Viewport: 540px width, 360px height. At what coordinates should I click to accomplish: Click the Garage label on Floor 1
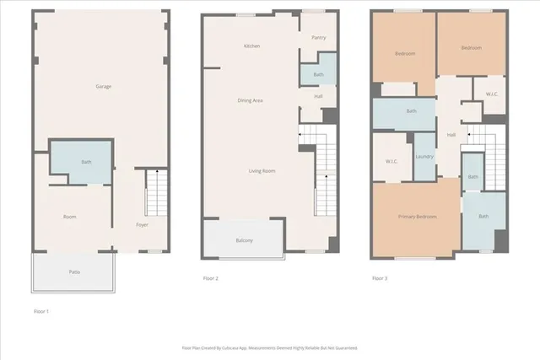pyautogui.click(x=104, y=86)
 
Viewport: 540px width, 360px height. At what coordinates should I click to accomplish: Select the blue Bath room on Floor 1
pyautogui.click(x=86, y=161)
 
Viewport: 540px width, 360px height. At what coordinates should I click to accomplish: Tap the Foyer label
pyautogui.click(x=143, y=225)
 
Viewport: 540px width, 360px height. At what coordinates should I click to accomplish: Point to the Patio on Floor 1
pyautogui.click(x=75, y=271)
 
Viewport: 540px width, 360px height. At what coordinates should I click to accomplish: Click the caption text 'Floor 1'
pyautogui.click(x=41, y=312)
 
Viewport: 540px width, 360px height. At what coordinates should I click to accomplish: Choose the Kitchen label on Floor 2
pyautogui.click(x=251, y=46)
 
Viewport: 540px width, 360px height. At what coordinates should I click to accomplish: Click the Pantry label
pyautogui.click(x=318, y=37)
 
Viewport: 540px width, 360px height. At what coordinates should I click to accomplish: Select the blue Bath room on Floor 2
pyautogui.click(x=318, y=74)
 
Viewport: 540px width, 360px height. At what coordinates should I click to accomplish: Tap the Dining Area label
pyautogui.click(x=251, y=100)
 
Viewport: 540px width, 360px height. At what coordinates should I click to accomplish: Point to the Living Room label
pyautogui.click(x=262, y=171)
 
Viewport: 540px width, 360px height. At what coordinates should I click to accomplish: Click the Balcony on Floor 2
pyautogui.click(x=244, y=241)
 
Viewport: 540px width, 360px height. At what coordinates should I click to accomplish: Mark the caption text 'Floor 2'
pyautogui.click(x=211, y=278)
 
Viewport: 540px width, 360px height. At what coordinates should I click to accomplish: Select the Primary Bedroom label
pyautogui.click(x=418, y=217)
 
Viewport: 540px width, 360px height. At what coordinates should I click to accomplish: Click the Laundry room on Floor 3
pyautogui.click(x=424, y=156)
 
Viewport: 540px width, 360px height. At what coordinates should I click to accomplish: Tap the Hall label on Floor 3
pyautogui.click(x=451, y=135)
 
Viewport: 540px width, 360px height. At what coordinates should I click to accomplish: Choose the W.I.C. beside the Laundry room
pyautogui.click(x=391, y=160)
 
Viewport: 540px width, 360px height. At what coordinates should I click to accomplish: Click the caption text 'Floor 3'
pyautogui.click(x=380, y=278)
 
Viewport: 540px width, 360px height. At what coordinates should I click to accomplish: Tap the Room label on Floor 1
pyautogui.click(x=70, y=217)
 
